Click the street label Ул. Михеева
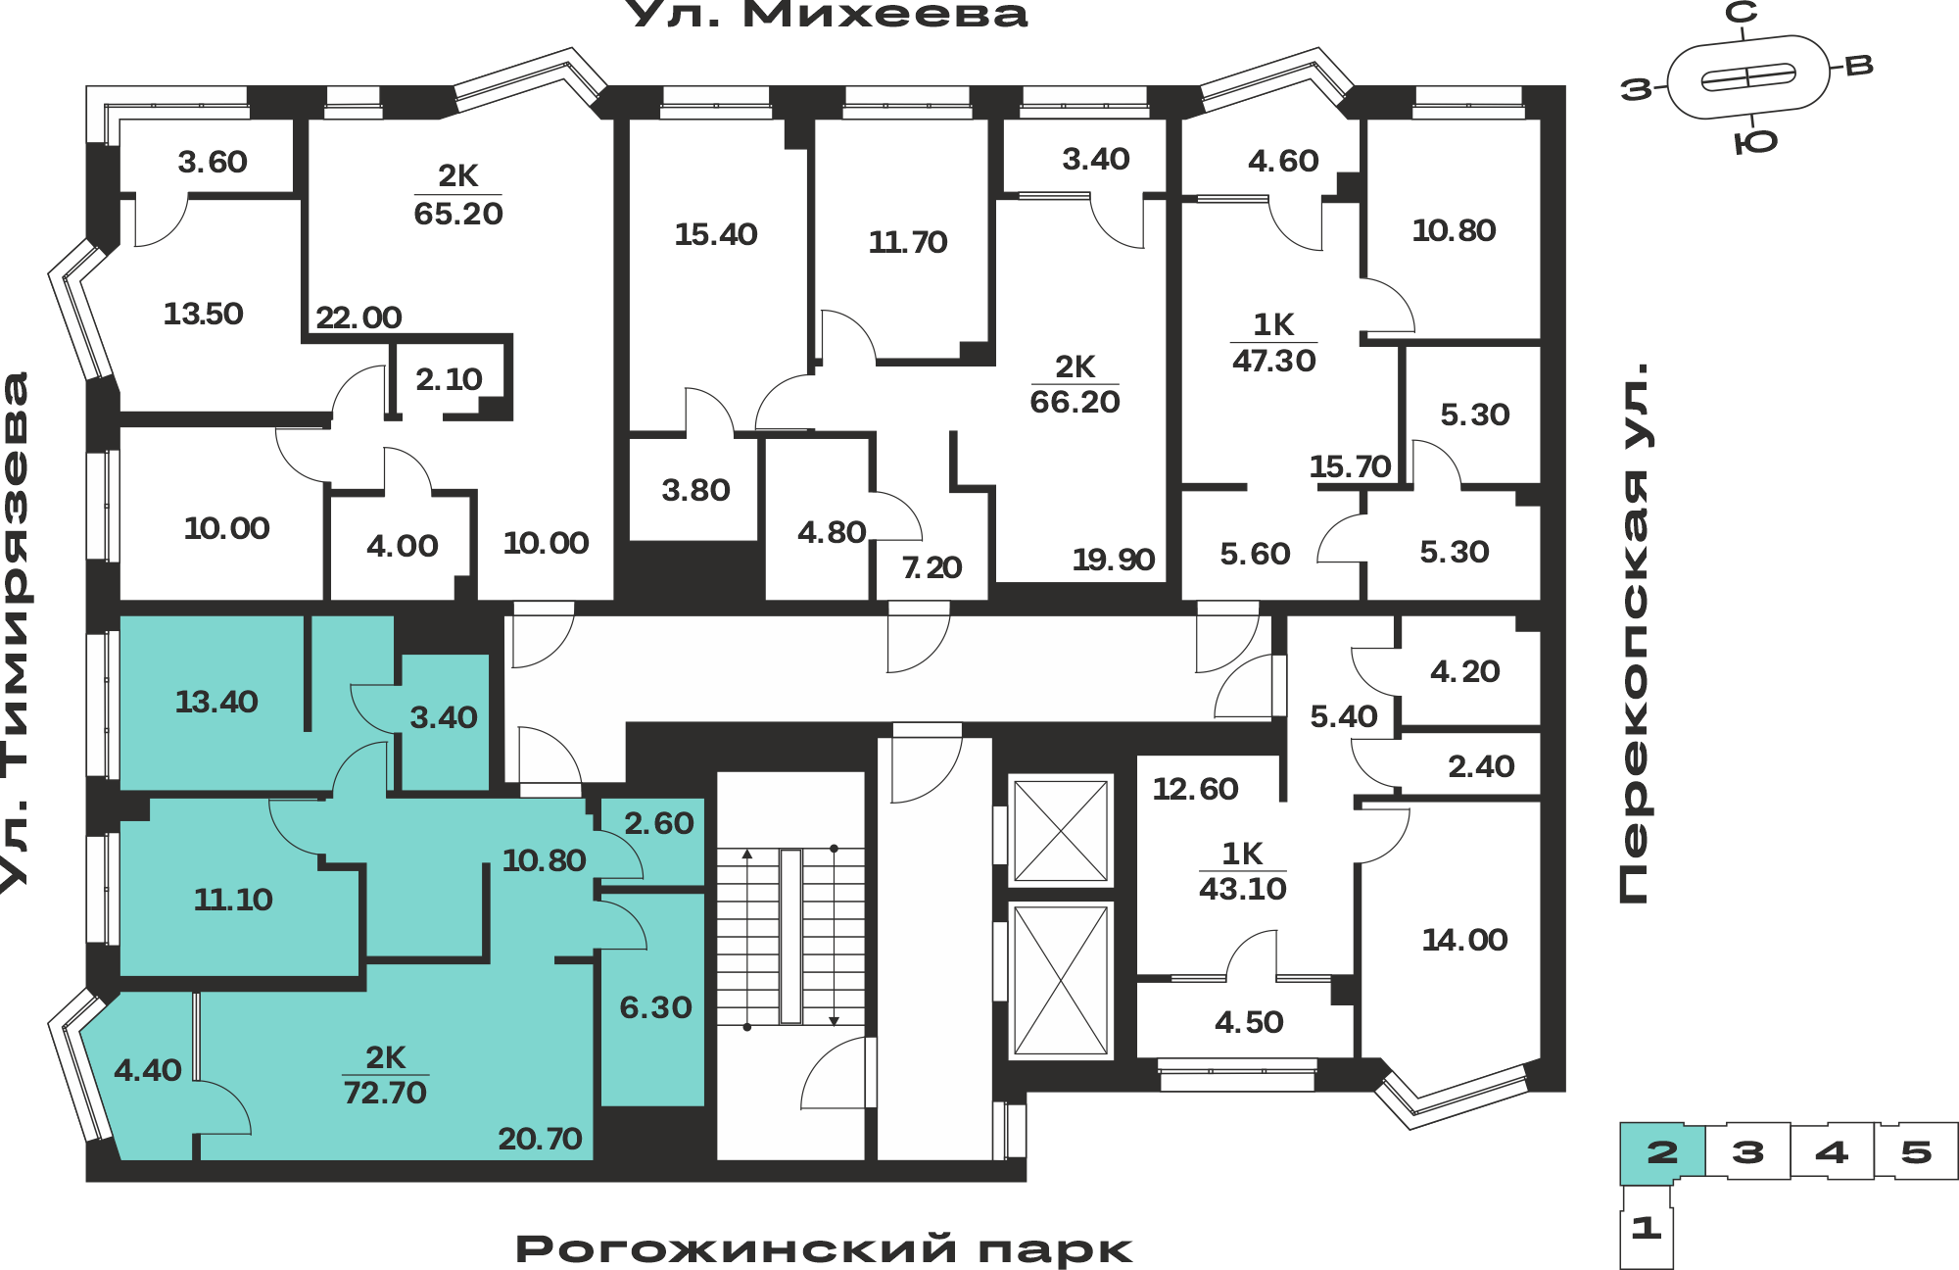[826, 14]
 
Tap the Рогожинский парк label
[824, 1249]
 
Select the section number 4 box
[1832, 1151]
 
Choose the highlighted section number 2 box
[1662, 1151]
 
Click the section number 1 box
[1647, 1227]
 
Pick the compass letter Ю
[1755, 143]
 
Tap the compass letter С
[1741, 13]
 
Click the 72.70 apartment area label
[385, 1092]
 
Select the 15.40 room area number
[716, 234]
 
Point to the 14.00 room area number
[1464, 940]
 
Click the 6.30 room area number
[655, 1007]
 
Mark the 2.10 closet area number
[449, 379]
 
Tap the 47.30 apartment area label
[1273, 361]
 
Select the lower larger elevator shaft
[1061, 980]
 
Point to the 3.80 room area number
[695, 490]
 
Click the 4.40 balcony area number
[148, 1070]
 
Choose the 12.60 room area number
[1195, 789]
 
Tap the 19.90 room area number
[1114, 560]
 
